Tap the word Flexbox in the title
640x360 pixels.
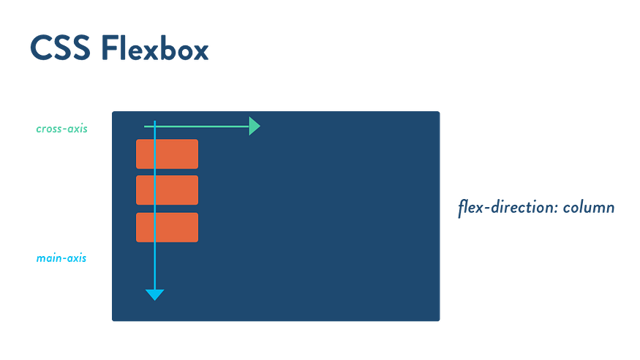154,48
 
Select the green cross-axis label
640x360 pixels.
61,128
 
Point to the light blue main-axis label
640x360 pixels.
61,258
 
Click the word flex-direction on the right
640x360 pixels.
508,208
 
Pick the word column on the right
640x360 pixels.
589,208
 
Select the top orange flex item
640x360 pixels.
167,154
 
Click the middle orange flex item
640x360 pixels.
167,190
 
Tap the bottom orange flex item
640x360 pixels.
167,227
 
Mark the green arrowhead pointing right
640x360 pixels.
255,127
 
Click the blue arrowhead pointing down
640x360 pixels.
154,294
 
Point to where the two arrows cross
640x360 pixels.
154,127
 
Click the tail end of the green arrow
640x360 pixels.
145,127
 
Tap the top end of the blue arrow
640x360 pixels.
154,121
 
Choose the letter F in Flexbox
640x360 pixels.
108,48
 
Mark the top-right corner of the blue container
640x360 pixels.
440,111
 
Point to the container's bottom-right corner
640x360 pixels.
440,321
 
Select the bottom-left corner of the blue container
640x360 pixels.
112,321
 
